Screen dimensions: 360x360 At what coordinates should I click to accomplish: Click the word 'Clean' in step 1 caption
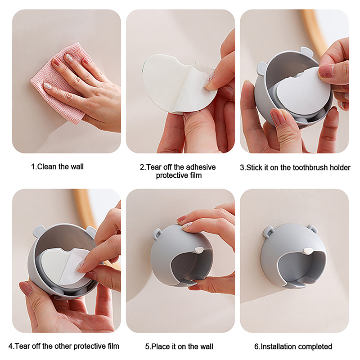(47, 166)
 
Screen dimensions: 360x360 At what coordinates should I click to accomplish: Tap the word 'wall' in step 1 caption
(76, 166)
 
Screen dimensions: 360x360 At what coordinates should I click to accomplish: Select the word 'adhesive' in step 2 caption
(200, 167)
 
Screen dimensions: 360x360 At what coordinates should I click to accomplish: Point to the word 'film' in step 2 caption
(195, 175)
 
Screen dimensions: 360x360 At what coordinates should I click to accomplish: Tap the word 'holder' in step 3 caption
(340, 167)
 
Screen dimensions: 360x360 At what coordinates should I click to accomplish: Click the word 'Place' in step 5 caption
(161, 346)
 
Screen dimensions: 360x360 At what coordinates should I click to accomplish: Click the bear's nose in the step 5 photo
(198, 250)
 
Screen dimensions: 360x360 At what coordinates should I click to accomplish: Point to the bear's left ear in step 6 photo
(268, 231)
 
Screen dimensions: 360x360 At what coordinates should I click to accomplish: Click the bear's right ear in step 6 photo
(313, 229)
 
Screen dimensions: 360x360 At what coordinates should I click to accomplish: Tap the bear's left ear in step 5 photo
(157, 234)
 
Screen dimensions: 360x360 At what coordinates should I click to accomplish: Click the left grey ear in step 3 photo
(261, 67)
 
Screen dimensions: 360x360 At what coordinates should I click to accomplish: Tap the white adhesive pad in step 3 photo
(302, 92)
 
